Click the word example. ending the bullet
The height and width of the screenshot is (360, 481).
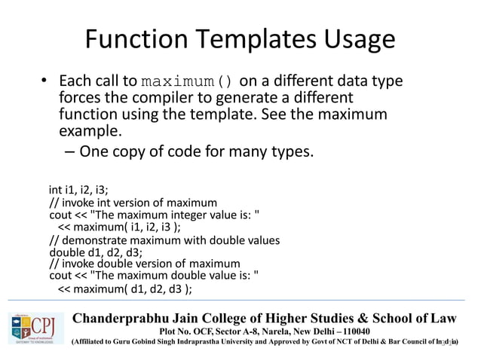90,131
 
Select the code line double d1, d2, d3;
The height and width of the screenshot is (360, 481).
95,252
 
